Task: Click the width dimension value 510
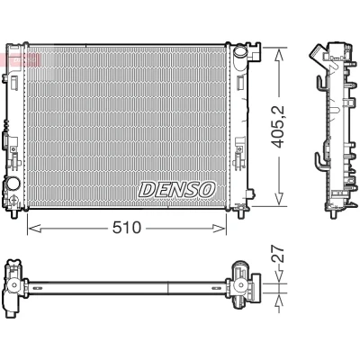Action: pyautogui.click(x=126, y=228)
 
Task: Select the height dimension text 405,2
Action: pyautogui.click(x=277, y=127)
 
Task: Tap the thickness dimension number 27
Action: pyautogui.click(x=277, y=254)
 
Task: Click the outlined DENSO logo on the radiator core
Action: pyautogui.click(x=177, y=190)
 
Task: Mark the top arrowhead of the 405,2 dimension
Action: pyautogui.click(x=279, y=56)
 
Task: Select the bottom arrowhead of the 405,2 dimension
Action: pyautogui.click(x=279, y=199)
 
